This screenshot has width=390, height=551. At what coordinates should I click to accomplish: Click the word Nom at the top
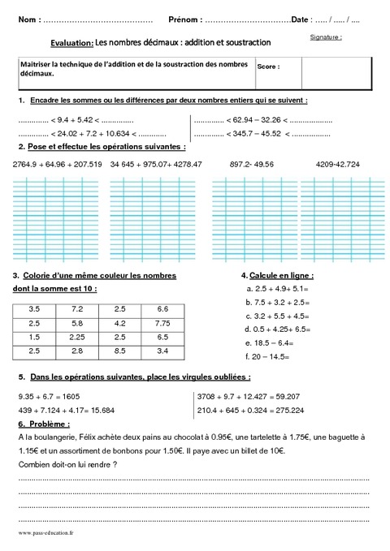(26, 19)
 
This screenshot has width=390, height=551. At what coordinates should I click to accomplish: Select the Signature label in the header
(326, 37)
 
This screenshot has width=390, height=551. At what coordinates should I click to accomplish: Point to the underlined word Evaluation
(65, 42)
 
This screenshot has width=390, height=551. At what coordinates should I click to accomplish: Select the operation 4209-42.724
(338, 164)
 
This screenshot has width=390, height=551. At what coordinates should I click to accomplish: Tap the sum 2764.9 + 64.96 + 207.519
(58, 164)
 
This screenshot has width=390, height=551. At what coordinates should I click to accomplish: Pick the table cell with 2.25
(77, 337)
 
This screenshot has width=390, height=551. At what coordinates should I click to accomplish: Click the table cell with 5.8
(77, 324)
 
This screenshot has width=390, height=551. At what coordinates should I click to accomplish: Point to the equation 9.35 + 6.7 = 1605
(49, 397)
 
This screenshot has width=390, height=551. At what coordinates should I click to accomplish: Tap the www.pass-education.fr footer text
(45, 533)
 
